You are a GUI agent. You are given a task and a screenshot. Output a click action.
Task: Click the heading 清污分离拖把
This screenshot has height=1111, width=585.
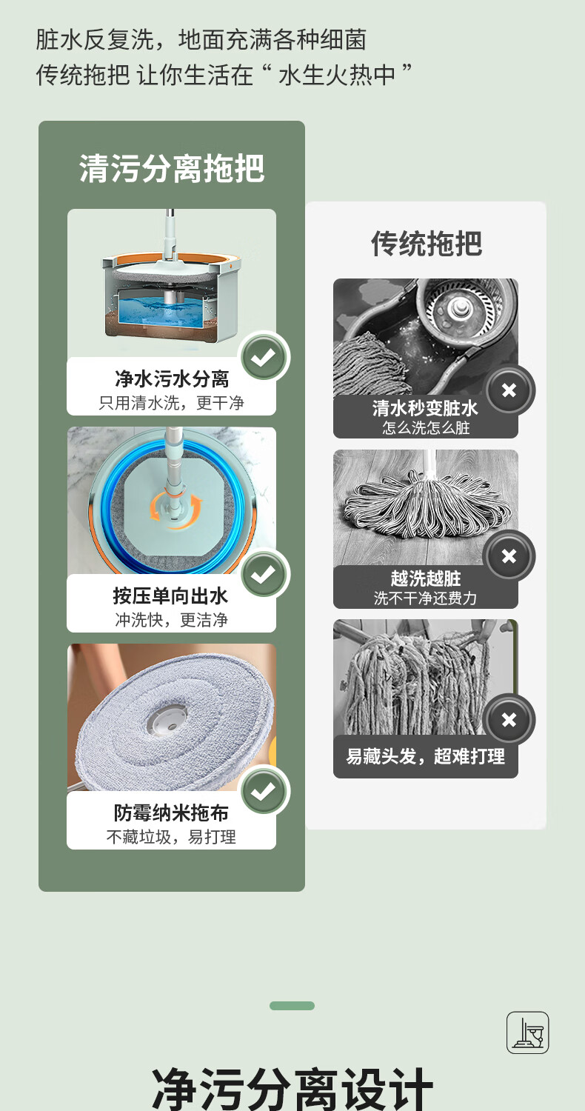pyautogui.click(x=172, y=169)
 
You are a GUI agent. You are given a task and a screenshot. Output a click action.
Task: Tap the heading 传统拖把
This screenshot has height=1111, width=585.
pyautogui.click(x=427, y=244)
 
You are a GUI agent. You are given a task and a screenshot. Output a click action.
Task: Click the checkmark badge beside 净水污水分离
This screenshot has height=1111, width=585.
pyautogui.click(x=264, y=356)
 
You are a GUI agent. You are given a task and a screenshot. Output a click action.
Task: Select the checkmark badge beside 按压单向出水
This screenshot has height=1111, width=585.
pyautogui.click(x=264, y=574)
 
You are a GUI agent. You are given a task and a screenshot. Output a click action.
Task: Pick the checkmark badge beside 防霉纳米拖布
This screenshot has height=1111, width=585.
pyautogui.click(x=264, y=790)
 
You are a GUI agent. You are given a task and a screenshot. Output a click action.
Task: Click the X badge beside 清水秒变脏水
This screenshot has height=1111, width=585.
pyautogui.click(x=509, y=390)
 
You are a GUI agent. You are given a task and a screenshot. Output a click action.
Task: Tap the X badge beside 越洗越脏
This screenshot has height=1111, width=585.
pyautogui.click(x=509, y=556)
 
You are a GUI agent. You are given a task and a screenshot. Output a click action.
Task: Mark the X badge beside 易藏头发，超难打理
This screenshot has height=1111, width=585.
pyautogui.click(x=509, y=720)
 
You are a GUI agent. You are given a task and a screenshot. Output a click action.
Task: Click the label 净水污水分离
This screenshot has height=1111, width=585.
pyautogui.click(x=172, y=379)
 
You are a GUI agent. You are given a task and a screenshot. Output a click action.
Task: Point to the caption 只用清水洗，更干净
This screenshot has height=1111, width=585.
pyautogui.click(x=172, y=403)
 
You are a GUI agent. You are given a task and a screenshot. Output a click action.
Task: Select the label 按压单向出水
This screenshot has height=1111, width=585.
pyautogui.click(x=170, y=595)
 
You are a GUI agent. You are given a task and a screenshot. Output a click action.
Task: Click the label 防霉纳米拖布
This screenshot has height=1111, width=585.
pyautogui.click(x=171, y=813)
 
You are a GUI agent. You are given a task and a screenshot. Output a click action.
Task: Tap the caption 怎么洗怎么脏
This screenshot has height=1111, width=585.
pyautogui.click(x=426, y=427)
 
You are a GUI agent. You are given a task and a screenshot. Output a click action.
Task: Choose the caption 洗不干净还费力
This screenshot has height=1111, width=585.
pyautogui.click(x=425, y=598)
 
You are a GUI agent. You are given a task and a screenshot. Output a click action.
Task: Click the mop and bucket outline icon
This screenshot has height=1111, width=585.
pyautogui.click(x=527, y=1032)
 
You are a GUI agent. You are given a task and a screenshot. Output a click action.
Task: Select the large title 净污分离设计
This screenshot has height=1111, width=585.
pyautogui.click(x=292, y=1090)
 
